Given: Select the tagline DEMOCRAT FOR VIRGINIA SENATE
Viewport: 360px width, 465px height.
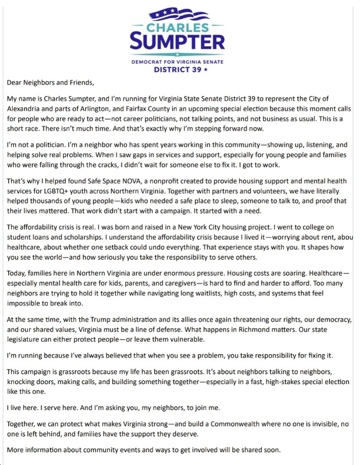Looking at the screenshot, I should [177, 62].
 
